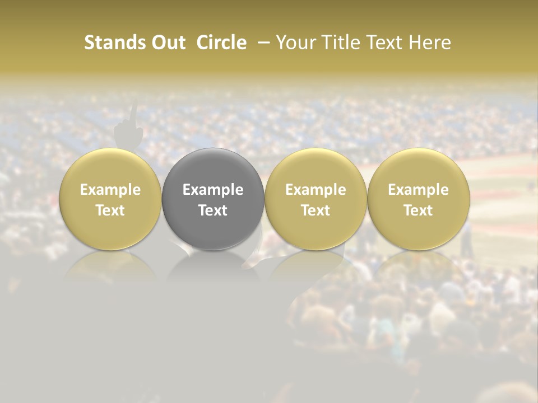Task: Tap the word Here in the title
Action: pyautogui.click(x=429, y=43)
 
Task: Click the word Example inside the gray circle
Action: pyautogui.click(x=213, y=190)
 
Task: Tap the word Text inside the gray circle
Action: pyautogui.click(x=213, y=210)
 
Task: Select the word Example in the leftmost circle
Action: pyautogui.click(x=110, y=190)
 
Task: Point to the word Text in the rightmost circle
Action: pyautogui.click(x=418, y=210)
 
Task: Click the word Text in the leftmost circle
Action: pyautogui.click(x=110, y=210)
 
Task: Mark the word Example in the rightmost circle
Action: pyautogui.click(x=418, y=190)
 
